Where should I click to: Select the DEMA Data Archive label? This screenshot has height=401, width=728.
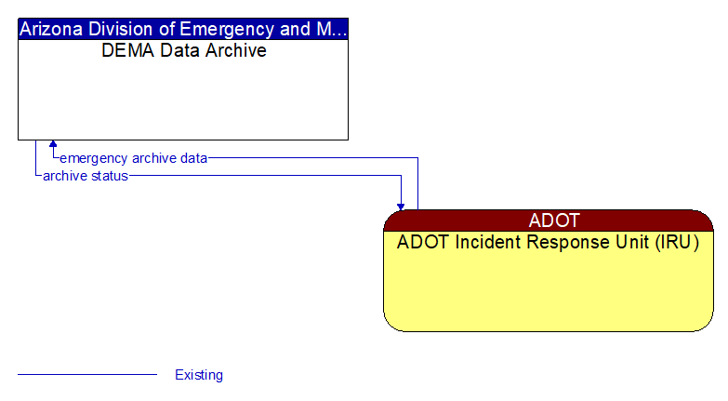coord(183,50)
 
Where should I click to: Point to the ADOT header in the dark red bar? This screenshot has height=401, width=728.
coord(553,221)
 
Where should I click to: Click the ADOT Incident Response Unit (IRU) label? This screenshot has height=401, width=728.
coord(548,243)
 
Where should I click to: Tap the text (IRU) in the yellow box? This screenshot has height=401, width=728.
coord(676,243)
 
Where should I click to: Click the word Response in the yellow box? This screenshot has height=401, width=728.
coord(566,243)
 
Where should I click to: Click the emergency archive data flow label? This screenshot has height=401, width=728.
coord(133,158)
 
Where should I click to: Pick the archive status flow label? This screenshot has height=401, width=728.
coord(85,176)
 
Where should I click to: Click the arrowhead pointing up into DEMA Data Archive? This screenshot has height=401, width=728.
coord(53,144)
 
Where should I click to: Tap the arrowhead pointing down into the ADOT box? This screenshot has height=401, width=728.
coord(401,206)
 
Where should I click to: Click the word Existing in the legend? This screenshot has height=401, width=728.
coord(199,375)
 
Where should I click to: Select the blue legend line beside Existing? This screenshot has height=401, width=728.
coord(87,375)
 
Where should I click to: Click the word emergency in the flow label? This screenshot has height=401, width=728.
coord(93,158)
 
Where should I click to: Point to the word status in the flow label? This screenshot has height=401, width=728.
coord(110,176)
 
